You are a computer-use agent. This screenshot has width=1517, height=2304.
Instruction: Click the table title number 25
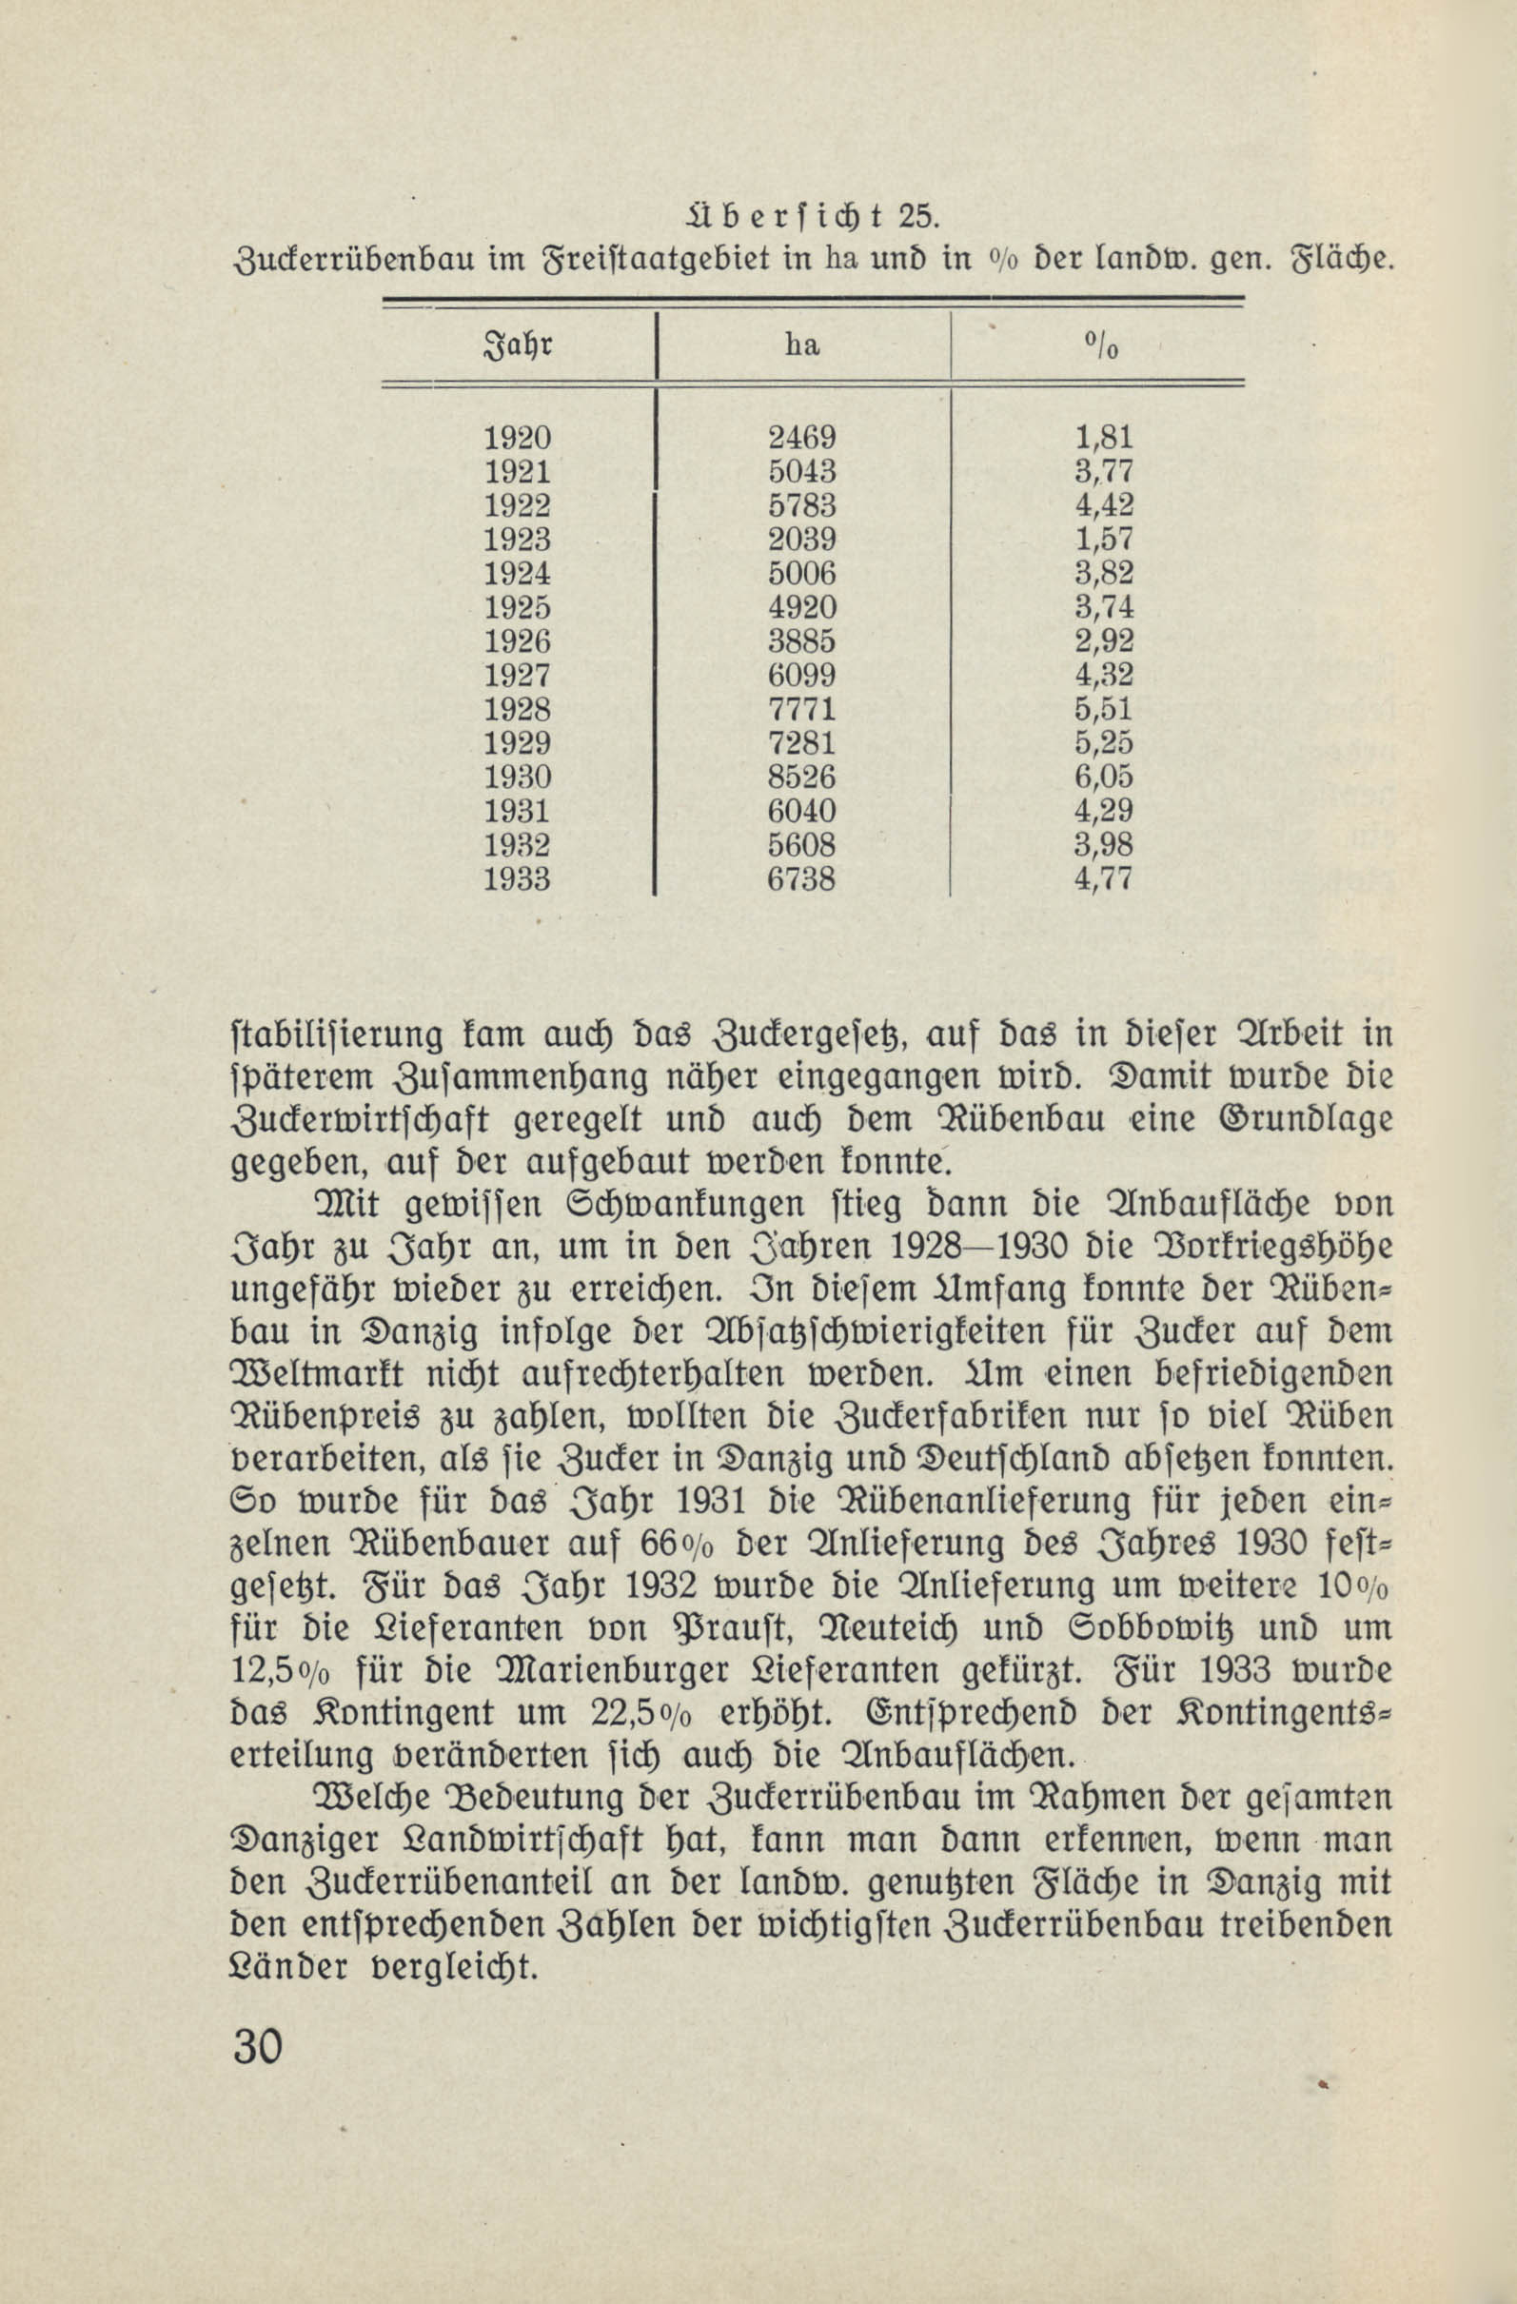(x=916, y=215)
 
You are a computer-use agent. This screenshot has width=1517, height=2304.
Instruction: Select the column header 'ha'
(x=802, y=344)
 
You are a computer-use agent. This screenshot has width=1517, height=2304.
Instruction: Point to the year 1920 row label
(x=517, y=439)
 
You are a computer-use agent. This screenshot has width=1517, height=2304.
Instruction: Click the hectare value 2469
(x=801, y=439)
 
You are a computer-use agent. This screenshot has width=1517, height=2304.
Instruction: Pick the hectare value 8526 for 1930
(x=801, y=778)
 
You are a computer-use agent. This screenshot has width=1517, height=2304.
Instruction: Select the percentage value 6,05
(x=1104, y=778)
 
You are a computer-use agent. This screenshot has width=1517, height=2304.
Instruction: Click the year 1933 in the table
(x=517, y=879)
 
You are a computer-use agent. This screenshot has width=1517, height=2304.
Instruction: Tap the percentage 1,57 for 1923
(x=1104, y=541)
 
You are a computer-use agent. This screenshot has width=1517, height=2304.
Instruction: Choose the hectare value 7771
(x=801, y=710)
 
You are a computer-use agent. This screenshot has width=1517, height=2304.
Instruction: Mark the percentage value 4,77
(x=1104, y=879)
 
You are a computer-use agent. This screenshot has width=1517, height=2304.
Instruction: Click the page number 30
(x=258, y=2048)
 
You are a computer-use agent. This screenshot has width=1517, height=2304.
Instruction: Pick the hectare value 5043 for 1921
(x=801, y=472)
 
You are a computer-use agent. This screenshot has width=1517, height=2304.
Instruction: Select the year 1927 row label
(x=517, y=676)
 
